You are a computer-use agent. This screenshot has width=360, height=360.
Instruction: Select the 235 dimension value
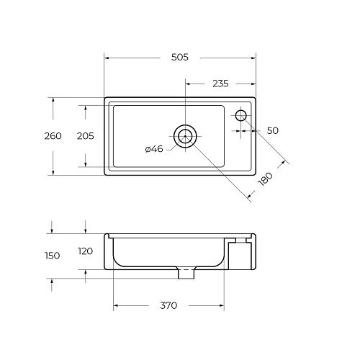pyautogui.click(x=220, y=84)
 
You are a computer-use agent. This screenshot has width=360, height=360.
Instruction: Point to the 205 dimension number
pyautogui.click(x=86, y=136)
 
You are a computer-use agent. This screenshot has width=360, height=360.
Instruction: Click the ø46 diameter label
pyautogui.click(x=154, y=149)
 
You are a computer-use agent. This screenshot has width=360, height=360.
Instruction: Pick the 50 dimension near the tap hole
pyautogui.click(x=272, y=130)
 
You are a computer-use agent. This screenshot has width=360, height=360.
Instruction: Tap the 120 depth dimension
pyautogui.click(x=86, y=251)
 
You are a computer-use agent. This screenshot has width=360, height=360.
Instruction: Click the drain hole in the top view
pyautogui.click(x=185, y=136)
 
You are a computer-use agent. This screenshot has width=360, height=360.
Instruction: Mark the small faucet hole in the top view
pyautogui.click(x=240, y=114)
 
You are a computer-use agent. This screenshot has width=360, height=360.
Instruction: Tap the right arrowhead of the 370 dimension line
pyautogui.click(x=223, y=305)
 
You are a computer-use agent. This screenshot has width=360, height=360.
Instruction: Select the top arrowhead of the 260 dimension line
pyautogui.click(x=53, y=100)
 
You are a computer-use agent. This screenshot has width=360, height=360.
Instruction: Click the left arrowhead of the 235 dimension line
pyautogui.click(x=188, y=84)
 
